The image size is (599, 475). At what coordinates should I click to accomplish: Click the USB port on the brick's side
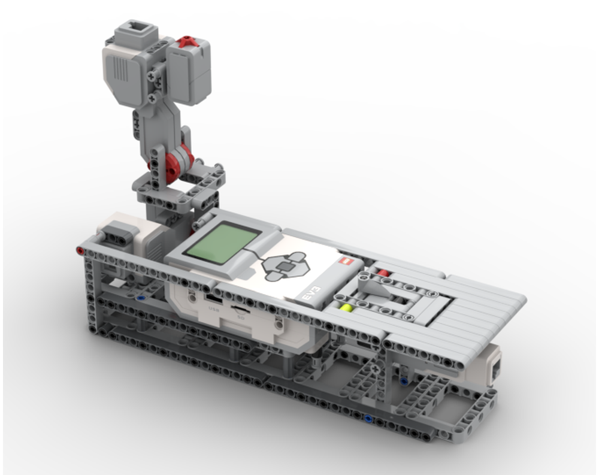[210, 297]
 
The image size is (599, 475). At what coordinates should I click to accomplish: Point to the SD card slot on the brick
[240, 310]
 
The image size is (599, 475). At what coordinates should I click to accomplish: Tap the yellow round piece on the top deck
[346, 308]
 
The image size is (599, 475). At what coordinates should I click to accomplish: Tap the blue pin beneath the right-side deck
[404, 380]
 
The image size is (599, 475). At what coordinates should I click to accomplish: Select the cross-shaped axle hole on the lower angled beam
[376, 370]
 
